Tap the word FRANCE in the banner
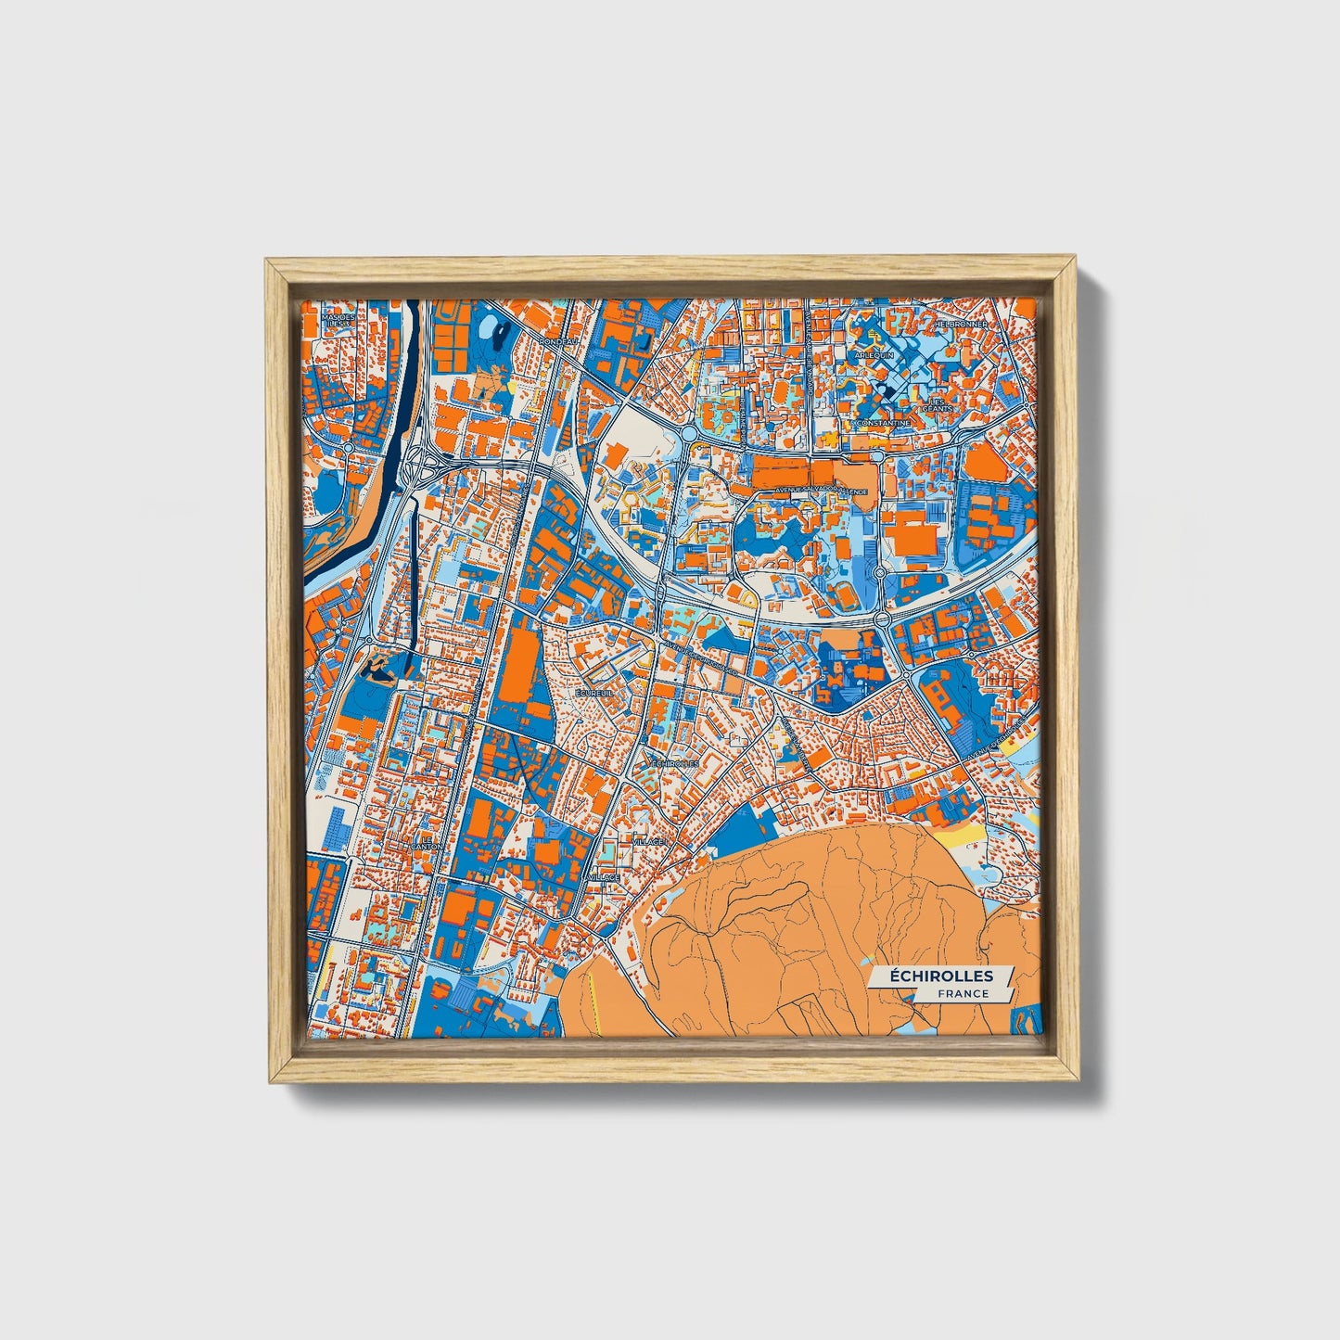[962, 993]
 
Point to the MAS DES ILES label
[338, 320]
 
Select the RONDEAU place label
[557, 341]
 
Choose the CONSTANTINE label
[886, 423]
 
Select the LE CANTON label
[426, 843]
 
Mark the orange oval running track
[984, 463]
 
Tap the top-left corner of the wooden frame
[268, 262]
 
